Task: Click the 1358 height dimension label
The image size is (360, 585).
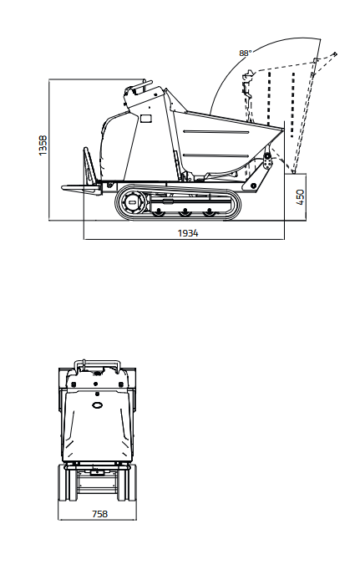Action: tap(43, 145)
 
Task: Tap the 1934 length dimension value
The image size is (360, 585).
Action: tap(188, 233)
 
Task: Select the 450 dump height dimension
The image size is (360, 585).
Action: tap(301, 197)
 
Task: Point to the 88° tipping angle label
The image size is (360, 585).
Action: tap(245, 53)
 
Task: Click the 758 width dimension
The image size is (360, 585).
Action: tap(99, 514)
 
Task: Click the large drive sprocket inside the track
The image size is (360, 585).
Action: tap(133, 202)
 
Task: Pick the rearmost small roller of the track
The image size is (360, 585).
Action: tap(210, 212)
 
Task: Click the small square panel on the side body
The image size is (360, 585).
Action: tap(146, 119)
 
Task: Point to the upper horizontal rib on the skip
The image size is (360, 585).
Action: tap(217, 132)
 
